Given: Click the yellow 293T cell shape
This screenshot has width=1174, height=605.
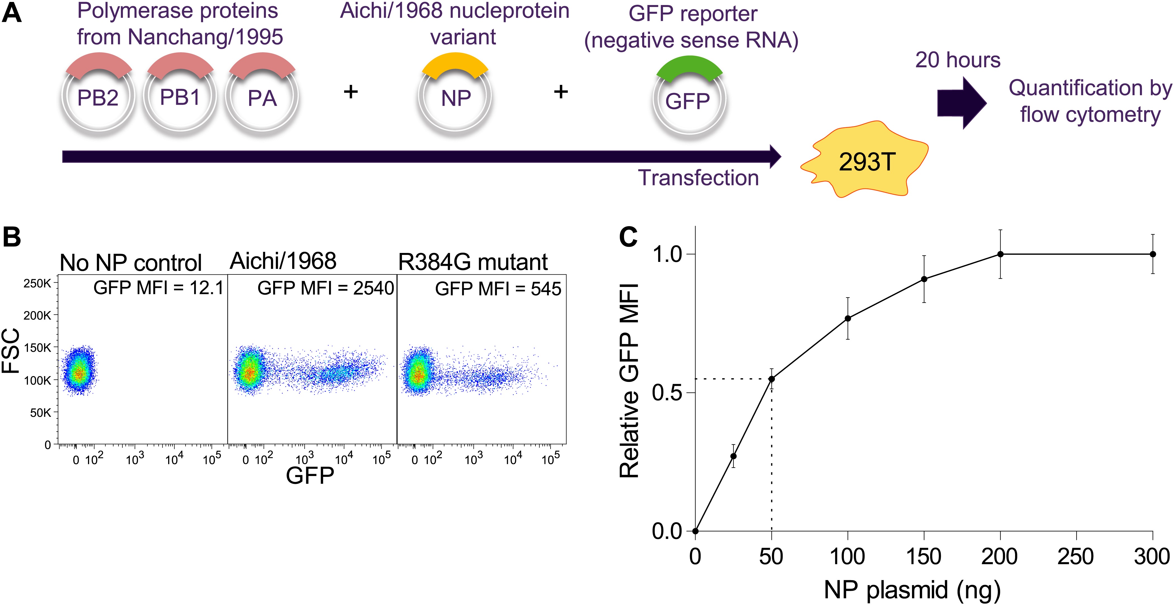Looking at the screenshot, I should pos(866,161).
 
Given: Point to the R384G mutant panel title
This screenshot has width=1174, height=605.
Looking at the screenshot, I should pos(473,262).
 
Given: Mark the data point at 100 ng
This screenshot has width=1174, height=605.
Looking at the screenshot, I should pos(848,319).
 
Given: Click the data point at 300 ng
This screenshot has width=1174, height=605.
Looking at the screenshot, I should pos(1152,254).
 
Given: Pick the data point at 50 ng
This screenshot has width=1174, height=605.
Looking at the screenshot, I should pos(771,379).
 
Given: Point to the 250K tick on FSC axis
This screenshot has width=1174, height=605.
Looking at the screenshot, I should pos(37,283).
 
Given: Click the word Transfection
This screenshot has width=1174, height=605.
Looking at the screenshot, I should pos(698,178).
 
